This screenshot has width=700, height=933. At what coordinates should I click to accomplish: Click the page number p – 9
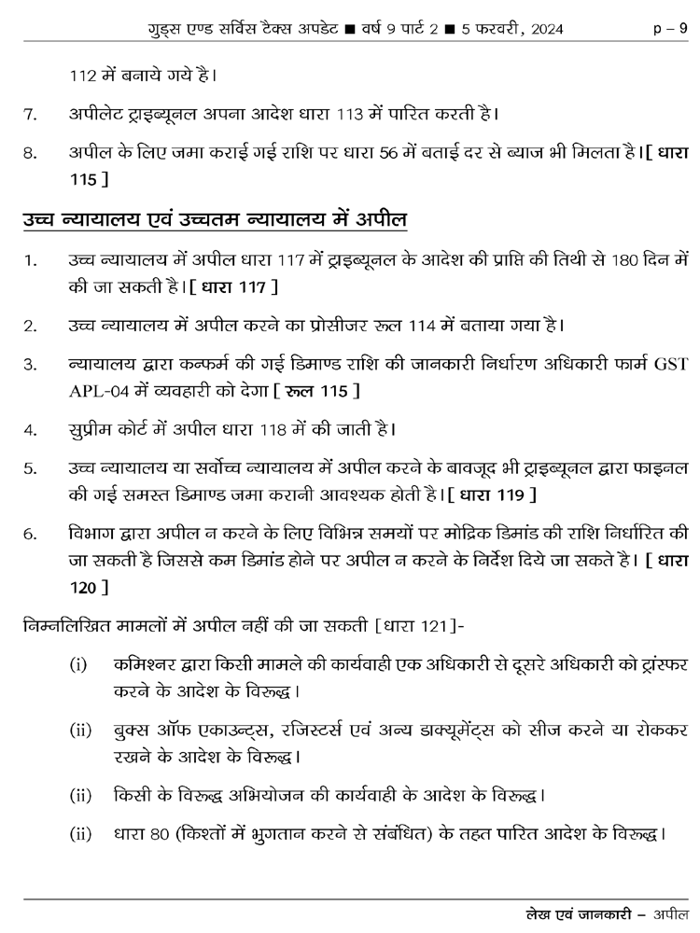coord(669,30)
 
